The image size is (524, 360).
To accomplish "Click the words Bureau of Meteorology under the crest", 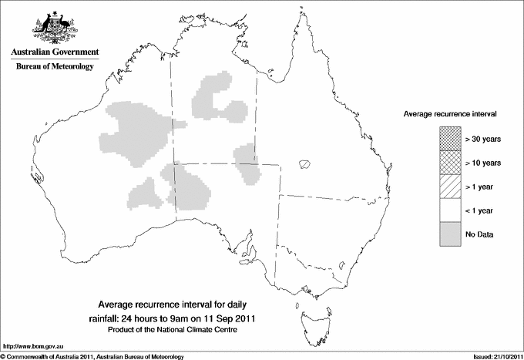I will click(55, 67).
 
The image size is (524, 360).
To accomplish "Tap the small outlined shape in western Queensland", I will click(305, 164).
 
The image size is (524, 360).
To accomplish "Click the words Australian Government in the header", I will click(54, 52).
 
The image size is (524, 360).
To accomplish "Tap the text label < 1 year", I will click(480, 210).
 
